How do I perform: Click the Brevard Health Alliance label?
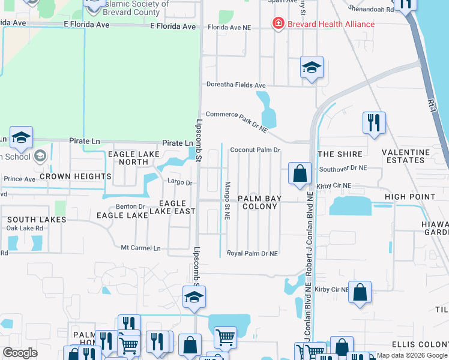coord(331,24)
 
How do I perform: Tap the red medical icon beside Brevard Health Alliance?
coord(278,24)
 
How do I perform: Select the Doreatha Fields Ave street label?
coord(235,86)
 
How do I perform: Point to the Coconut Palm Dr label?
coord(255,150)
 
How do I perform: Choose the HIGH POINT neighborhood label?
coord(410,197)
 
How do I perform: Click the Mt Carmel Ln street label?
coord(141,248)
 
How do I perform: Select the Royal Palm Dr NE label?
coord(252,254)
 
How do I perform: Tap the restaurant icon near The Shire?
coord(374,122)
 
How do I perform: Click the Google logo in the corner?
coord(20,353)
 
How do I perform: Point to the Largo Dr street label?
coord(179,182)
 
